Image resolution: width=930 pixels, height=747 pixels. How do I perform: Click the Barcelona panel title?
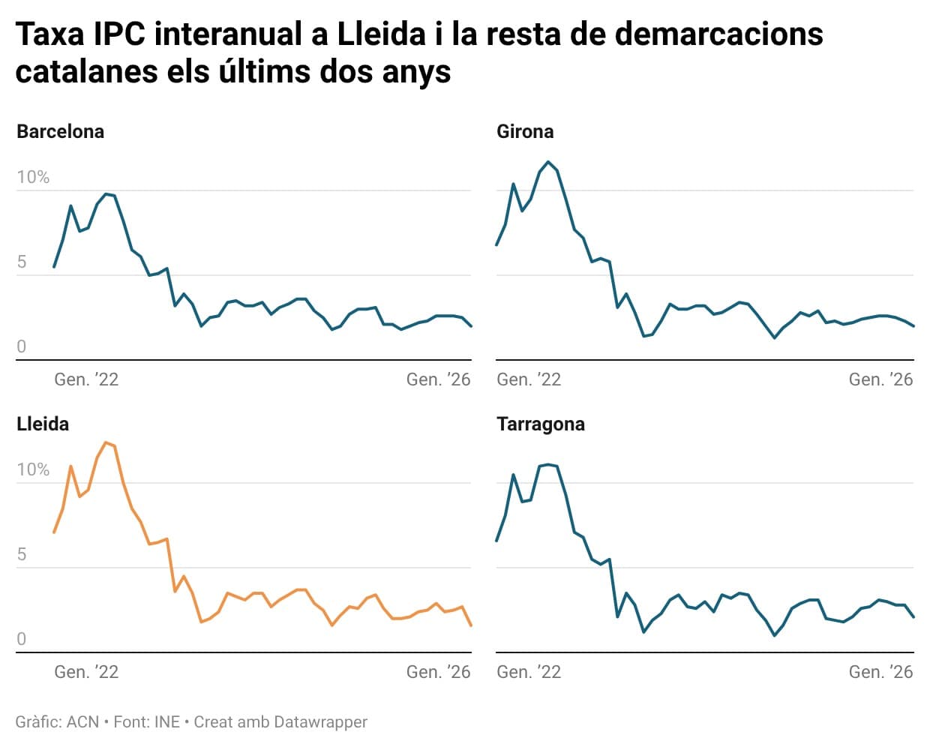point(60,132)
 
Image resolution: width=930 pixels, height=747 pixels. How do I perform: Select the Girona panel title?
point(525,132)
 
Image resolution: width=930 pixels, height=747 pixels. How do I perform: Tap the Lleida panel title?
point(43,424)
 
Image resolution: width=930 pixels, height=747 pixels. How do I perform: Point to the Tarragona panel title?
point(540,424)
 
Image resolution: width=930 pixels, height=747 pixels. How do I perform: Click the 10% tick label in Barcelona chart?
point(33,178)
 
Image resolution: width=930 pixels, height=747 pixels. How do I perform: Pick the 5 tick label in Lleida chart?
point(22,554)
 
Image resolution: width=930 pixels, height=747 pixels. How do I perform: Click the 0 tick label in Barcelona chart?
point(22,346)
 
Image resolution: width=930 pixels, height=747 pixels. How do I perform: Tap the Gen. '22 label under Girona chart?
point(529,379)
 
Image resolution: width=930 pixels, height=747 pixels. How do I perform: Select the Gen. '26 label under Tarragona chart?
point(880,672)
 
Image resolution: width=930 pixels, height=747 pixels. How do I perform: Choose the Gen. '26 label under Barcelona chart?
point(438,379)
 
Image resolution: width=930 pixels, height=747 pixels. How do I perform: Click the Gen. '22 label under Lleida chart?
point(86,672)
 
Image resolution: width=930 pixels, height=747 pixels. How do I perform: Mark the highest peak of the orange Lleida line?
point(106,442)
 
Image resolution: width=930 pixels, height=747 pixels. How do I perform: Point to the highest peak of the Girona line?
point(548,161)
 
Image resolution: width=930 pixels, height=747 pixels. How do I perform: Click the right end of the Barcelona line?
point(471,326)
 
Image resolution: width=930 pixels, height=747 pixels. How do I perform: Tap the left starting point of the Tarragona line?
point(496,541)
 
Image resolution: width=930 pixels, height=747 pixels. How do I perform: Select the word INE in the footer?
point(166,722)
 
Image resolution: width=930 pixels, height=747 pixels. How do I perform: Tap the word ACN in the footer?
point(82,722)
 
